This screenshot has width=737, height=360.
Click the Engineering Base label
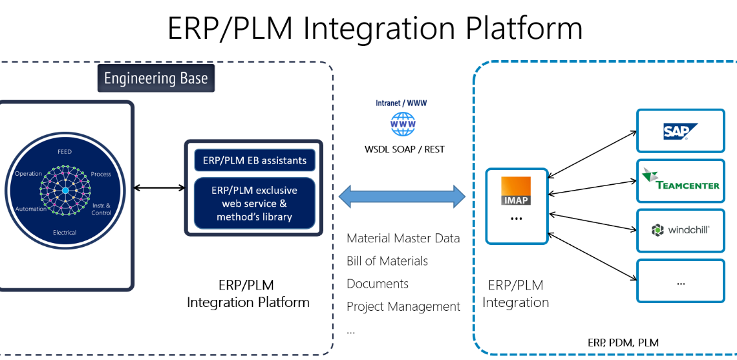point(156,79)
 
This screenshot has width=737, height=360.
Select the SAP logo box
point(680,131)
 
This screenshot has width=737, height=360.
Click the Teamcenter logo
point(680,180)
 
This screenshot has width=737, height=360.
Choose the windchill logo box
point(680,230)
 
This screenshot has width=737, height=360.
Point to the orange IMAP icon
point(516,191)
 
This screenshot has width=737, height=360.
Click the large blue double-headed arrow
point(401,195)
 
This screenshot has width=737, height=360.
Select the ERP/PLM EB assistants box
point(254,160)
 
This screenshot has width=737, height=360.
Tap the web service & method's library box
point(254,204)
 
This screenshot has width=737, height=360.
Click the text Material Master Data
point(403,238)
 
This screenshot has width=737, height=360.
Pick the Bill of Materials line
point(387,261)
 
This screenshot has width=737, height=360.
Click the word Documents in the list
point(378,284)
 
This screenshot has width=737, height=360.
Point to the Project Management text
point(403,306)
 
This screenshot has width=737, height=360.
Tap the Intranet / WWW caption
point(401,103)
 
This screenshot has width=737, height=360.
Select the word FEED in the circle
point(65,151)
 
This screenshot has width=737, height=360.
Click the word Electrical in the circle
point(65,233)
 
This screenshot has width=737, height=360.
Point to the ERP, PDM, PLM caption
point(623,343)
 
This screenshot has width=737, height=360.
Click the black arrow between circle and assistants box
point(159,188)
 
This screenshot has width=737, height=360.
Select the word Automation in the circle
point(30,209)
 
